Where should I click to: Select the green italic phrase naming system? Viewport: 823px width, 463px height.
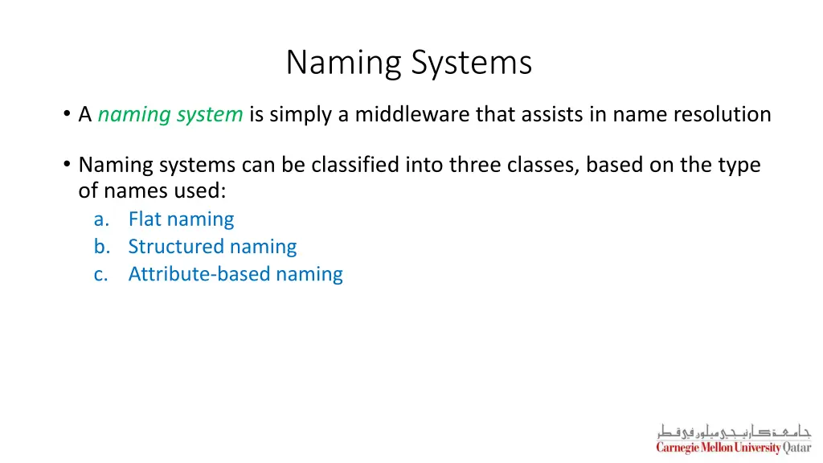[170, 115]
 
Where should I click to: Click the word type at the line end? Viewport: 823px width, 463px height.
[738, 165]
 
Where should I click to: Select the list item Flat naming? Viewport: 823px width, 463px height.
[181, 219]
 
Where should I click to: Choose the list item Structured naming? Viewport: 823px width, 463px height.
[212, 247]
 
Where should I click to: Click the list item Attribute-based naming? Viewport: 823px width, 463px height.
[235, 274]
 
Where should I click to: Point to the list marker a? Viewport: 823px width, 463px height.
[100, 219]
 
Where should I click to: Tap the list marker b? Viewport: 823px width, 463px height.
[100, 247]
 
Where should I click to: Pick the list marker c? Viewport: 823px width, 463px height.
[100, 274]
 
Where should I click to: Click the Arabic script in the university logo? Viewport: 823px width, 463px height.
[733, 431]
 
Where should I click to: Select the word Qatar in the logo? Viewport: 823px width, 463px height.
[797, 448]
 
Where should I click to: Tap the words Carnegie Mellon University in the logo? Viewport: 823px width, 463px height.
[719, 448]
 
